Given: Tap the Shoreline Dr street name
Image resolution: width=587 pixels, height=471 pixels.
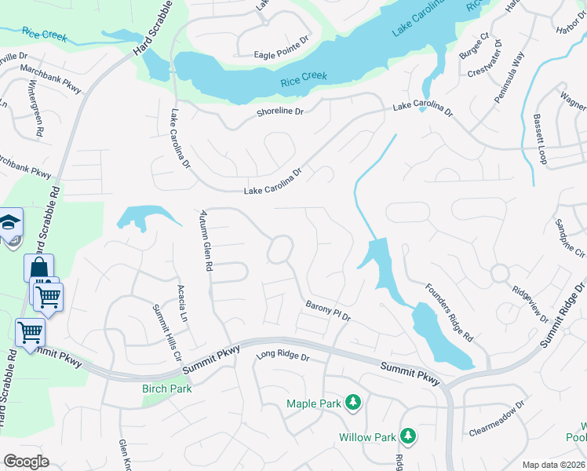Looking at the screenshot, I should pyautogui.click(x=280, y=112).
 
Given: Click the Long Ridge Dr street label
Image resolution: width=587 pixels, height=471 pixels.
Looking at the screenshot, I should pyautogui.click(x=283, y=356).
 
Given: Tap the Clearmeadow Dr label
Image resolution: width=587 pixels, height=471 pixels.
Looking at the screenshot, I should pyautogui.click(x=496, y=418).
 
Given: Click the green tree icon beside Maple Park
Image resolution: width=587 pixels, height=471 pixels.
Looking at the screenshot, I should pyautogui.click(x=354, y=403).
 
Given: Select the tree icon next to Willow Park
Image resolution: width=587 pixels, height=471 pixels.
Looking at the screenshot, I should pyautogui.click(x=407, y=436).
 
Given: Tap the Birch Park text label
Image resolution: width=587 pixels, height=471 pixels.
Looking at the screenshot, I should pyautogui.click(x=166, y=389).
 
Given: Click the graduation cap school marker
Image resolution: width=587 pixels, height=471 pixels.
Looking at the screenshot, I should pyautogui.click(x=10, y=223).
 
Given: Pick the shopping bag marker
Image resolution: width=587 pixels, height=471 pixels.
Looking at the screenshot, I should pyautogui.click(x=38, y=269).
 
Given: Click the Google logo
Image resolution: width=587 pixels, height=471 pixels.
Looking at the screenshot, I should pyautogui.click(x=26, y=462).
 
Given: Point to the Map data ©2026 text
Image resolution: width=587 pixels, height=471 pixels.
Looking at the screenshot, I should pyautogui.click(x=553, y=465).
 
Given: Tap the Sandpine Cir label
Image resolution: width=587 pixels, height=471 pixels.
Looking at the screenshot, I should pyautogui.click(x=570, y=239).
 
